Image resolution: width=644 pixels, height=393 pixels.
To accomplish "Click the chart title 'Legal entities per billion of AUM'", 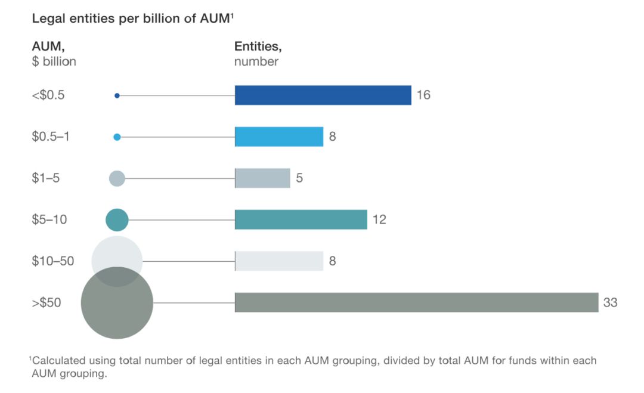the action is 131,18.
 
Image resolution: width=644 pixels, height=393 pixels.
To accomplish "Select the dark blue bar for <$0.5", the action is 323,95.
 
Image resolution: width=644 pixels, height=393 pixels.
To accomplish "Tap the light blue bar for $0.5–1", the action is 279,137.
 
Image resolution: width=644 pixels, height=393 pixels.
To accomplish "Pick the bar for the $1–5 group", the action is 262,178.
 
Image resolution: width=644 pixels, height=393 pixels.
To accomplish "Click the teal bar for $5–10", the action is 301,219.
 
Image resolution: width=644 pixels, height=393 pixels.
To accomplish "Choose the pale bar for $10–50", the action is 279,261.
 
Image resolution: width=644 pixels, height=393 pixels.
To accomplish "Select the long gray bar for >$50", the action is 416,303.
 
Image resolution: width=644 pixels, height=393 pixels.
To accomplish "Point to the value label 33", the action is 611,303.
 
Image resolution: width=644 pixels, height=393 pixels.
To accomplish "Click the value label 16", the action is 423,95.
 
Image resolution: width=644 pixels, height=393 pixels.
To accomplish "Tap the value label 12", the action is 379,219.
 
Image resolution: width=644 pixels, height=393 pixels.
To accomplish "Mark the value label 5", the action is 299,178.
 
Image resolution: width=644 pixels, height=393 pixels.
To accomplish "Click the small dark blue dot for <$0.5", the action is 117,95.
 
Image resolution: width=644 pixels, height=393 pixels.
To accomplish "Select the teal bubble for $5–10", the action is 117,220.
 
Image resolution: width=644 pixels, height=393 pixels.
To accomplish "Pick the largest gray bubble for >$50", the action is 117,303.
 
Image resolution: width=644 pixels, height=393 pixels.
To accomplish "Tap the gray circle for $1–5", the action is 117,179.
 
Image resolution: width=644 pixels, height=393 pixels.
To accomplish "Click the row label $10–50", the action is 53,261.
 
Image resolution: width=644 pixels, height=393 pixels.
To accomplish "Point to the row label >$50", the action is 47,303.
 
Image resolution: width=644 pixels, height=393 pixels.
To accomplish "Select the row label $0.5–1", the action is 51,137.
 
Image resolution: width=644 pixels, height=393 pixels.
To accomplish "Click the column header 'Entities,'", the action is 258,47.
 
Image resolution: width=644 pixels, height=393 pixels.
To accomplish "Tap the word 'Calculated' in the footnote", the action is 58,361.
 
